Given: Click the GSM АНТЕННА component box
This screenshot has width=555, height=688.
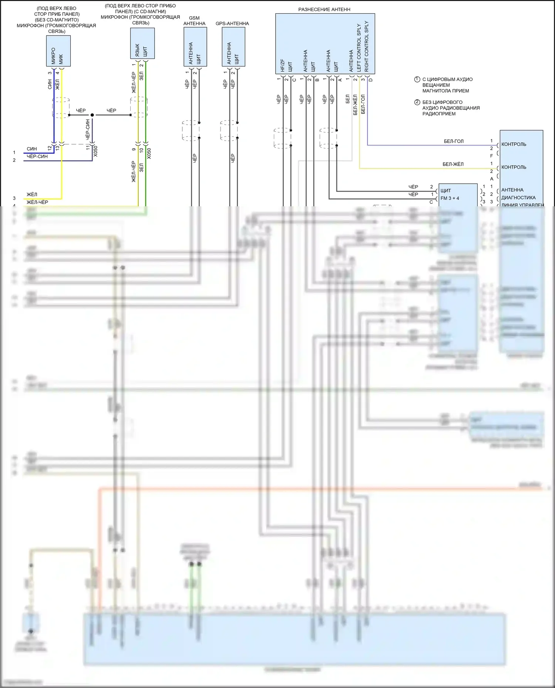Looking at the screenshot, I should click(195, 47).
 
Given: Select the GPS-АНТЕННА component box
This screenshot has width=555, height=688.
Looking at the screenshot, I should click(233, 47).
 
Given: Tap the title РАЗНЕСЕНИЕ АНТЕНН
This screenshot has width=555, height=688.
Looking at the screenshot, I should click(324, 9).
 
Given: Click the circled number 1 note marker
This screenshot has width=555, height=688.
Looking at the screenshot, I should click(417, 79).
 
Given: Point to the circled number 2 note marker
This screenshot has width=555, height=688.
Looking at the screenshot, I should click(417, 102).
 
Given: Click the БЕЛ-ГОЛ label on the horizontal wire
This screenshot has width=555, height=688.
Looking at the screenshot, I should click(454, 141).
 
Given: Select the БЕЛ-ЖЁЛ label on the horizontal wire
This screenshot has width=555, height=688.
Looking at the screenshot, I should click(453, 164).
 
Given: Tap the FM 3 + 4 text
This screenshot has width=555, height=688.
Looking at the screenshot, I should click(450, 198).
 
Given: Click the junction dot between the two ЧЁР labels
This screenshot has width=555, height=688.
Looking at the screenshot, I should click(92, 115).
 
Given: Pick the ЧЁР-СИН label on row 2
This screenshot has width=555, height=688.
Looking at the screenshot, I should click(37, 156).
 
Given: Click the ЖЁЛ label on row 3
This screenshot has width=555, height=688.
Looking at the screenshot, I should click(32, 194).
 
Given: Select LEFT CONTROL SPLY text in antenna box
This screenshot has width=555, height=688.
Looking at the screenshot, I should click(359, 48).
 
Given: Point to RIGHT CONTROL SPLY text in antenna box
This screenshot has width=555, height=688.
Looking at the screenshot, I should click(367, 46).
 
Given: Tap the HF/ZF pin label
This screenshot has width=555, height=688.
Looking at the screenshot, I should click(283, 65).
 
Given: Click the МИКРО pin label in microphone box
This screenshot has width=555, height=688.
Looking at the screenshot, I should click(54, 55).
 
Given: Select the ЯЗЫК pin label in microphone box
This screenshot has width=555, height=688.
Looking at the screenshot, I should click(137, 50).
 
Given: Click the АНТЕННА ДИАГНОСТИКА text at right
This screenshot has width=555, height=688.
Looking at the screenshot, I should click(518, 194).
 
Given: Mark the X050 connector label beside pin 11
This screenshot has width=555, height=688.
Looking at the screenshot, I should click(95, 151).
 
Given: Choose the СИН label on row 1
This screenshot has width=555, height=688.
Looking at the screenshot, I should click(32, 149).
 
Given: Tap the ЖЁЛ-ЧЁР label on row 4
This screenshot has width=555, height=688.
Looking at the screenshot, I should click(37, 202).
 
